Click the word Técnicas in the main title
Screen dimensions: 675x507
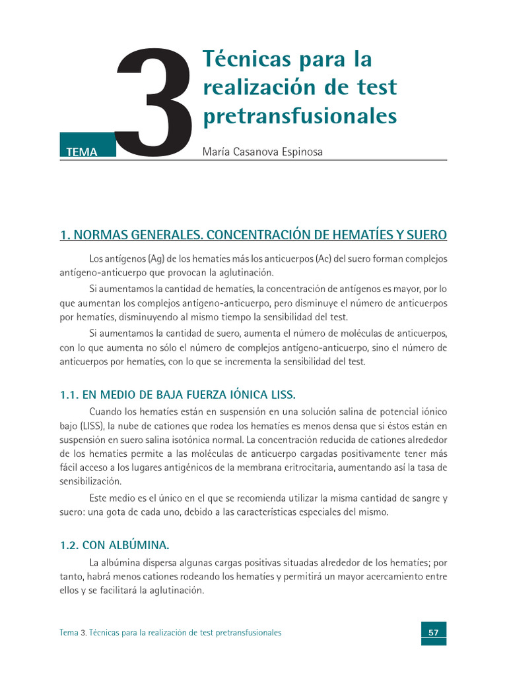tap(242, 59)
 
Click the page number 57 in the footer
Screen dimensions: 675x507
tap(434, 632)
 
